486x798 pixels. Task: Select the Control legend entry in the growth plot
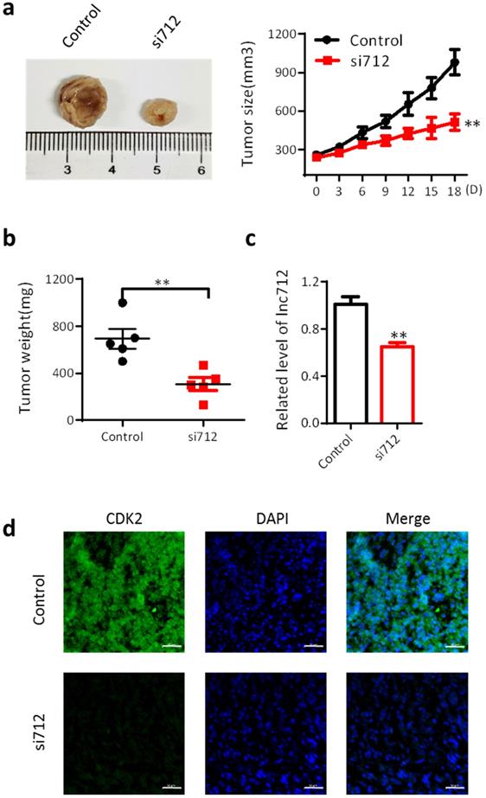[x=377, y=40]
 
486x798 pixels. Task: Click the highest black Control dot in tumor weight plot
[x=123, y=302]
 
